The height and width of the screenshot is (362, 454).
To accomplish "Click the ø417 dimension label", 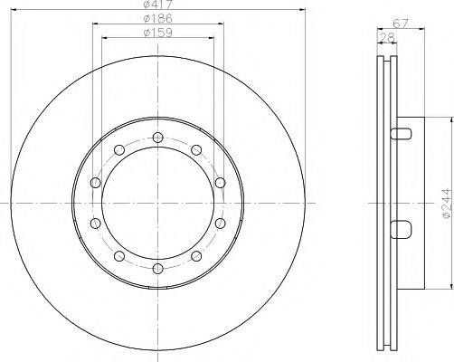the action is click(158, 5).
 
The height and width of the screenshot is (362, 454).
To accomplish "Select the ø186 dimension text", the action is click(158, 19).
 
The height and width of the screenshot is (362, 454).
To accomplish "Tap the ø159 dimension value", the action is click(158, 33).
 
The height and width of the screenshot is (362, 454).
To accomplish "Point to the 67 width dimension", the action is click(401, 23).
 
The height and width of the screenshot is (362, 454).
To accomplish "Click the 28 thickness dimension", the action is click(387, 37).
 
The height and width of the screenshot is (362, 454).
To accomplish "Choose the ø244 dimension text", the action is click(447, 203).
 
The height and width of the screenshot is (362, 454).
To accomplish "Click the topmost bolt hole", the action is click(157, 138).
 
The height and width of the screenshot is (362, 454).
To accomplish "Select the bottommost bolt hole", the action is click(157, 269).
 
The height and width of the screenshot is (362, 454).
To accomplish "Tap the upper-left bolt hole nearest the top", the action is click(119, 149).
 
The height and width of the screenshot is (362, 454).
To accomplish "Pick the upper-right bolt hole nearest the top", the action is click(196, 149).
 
